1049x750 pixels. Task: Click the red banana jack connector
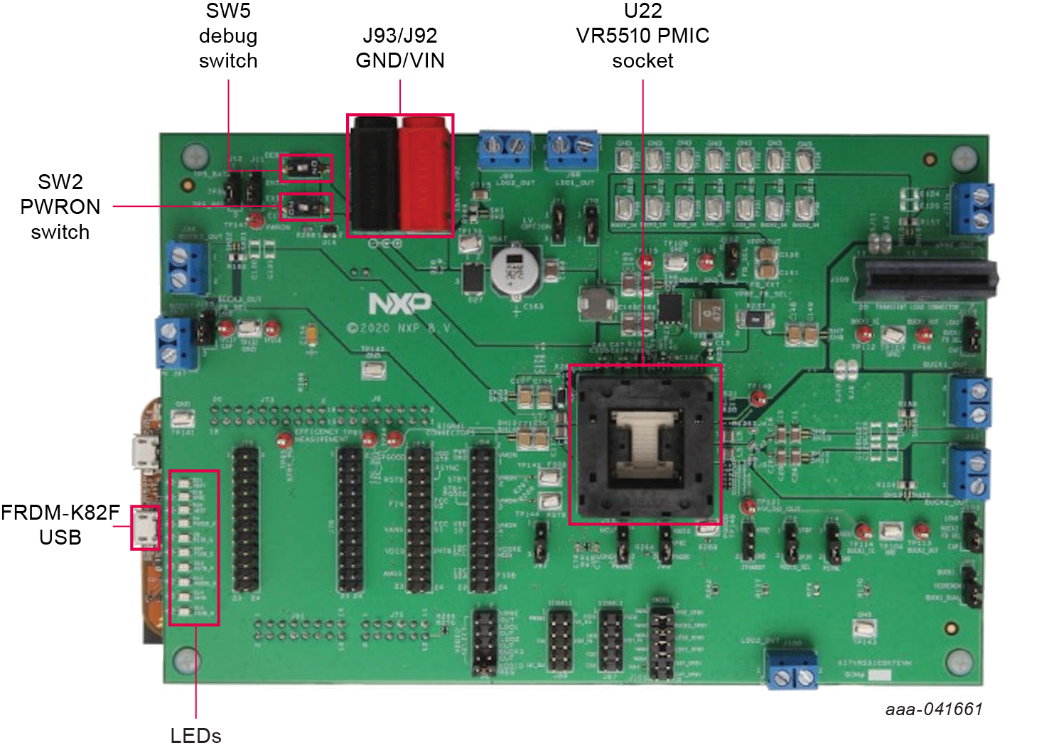point(425,174)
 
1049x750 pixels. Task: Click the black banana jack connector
point(374,174)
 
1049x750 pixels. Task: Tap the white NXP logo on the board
point(399,304)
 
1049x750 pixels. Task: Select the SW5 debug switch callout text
point(228,36)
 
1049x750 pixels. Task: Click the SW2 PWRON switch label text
point(60,207)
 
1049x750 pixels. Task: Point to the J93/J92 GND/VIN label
point(400,48)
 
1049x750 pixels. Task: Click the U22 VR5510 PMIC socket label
point(642,36)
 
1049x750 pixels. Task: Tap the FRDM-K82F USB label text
point(60,525)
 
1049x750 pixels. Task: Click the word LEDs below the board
point(196,736)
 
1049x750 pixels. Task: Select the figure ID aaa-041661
point(934,709)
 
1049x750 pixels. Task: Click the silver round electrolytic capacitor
point(515,271)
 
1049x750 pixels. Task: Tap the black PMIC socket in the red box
point(645,445)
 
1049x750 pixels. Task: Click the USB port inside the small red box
point(146,527)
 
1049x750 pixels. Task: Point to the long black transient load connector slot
point(924,279)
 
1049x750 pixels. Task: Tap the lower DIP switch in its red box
point(306,208)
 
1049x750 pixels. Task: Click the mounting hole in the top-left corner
point(195,156)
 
